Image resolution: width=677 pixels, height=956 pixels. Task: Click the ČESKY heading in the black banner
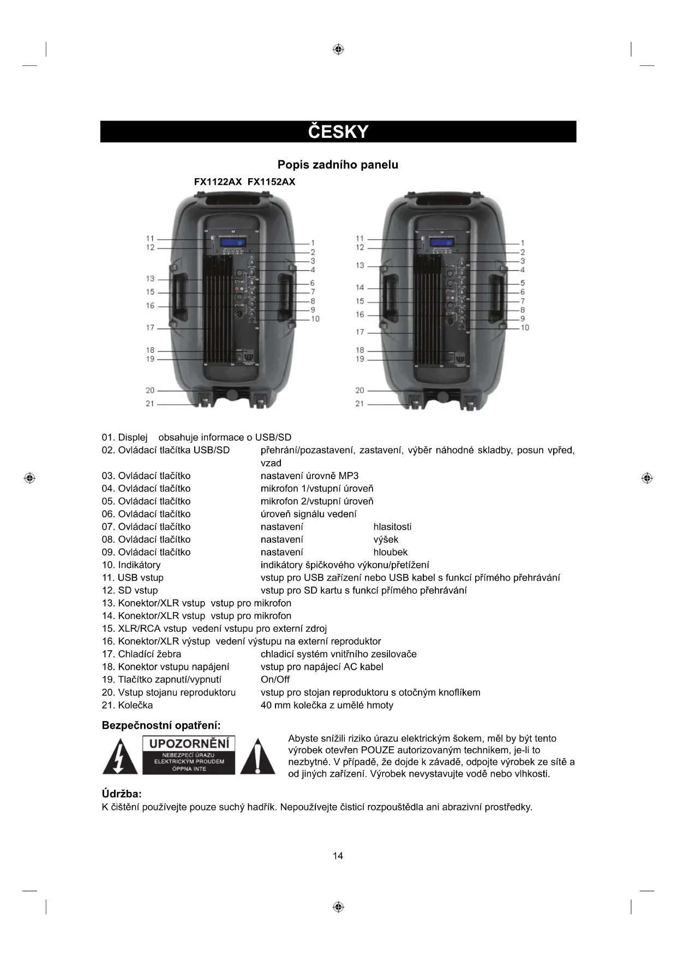338,132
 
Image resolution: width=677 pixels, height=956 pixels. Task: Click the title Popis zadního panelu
338,165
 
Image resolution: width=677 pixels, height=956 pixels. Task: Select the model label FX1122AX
218,182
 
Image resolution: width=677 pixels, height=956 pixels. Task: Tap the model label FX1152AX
271,182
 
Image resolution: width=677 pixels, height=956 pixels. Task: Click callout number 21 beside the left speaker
150,404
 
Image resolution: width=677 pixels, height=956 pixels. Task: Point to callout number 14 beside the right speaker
360,288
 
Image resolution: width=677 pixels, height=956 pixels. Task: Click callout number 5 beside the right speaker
523,283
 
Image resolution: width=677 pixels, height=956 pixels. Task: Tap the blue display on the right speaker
442,243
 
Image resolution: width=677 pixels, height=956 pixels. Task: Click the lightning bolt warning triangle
120,756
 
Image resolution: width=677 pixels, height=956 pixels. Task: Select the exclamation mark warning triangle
257,756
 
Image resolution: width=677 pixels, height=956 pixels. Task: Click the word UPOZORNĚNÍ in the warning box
189,743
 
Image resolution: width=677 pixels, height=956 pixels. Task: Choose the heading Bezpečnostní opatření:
161,725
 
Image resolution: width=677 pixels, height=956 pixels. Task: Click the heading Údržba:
122,794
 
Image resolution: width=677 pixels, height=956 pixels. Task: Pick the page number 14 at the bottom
338,856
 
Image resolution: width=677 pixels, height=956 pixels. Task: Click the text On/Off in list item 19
275,680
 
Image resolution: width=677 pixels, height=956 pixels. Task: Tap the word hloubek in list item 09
390,552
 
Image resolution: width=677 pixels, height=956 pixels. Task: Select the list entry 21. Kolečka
127,705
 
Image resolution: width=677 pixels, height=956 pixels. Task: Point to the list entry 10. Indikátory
131,565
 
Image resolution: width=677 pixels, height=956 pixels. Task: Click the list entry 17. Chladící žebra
141,654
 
